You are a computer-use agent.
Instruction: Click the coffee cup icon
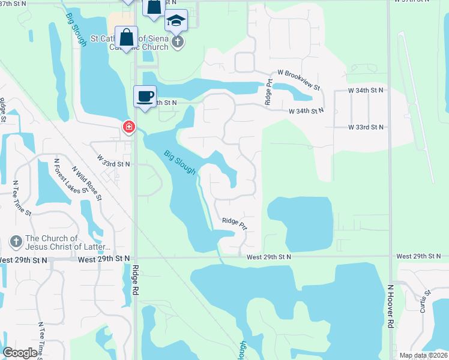[x=145, y=97]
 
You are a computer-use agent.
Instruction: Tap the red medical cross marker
[x=128, y=127]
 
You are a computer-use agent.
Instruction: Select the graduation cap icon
[x=176, y=21]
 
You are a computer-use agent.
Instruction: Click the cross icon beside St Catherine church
[x=178, y=41]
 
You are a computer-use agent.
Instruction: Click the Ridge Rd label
[x=136, y=280]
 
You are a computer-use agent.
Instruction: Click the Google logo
[x=20, y=353]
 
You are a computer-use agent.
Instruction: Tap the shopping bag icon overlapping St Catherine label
[x=127, y=37]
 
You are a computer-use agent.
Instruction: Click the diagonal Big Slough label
[x=180, y=162]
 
